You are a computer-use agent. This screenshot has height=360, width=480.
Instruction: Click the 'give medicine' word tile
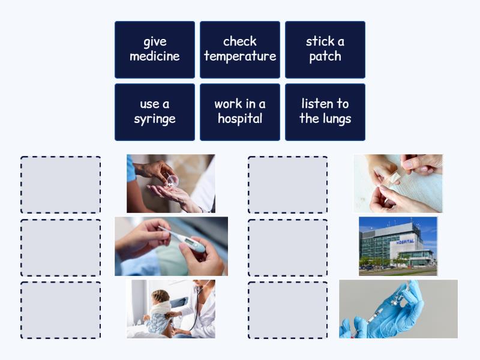click(155, 49)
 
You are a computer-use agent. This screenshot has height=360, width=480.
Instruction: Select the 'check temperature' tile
click(240, 49)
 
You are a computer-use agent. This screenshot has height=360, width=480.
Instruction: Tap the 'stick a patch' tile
click(325, 49)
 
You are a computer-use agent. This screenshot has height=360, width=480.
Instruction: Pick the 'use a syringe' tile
click(155, 112)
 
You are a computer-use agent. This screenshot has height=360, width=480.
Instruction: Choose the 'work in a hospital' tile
click(240, 112)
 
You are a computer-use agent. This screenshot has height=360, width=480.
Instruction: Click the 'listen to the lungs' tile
click(325, 112)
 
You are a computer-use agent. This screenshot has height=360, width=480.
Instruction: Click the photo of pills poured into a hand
click(170, 184)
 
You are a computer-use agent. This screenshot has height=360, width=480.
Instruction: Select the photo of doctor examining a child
click(170, 308)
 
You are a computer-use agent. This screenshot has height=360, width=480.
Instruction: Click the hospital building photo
click(398, 246)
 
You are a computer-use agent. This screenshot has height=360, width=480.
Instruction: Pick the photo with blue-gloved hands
click(398, 308)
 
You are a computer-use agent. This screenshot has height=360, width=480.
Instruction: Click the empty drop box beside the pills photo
click(61, 185)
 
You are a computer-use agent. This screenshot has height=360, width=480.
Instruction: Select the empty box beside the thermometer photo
click(61, 247)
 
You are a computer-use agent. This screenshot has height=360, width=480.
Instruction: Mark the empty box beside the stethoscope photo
click(61, 310)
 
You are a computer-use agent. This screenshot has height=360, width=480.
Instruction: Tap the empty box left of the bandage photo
click(288, 185)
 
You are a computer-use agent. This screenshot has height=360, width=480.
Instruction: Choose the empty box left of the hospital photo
click(288, 247)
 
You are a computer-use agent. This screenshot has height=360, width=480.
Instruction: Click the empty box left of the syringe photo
click(288, 310)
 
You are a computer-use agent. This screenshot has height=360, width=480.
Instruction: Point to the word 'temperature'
click(240, 56)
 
